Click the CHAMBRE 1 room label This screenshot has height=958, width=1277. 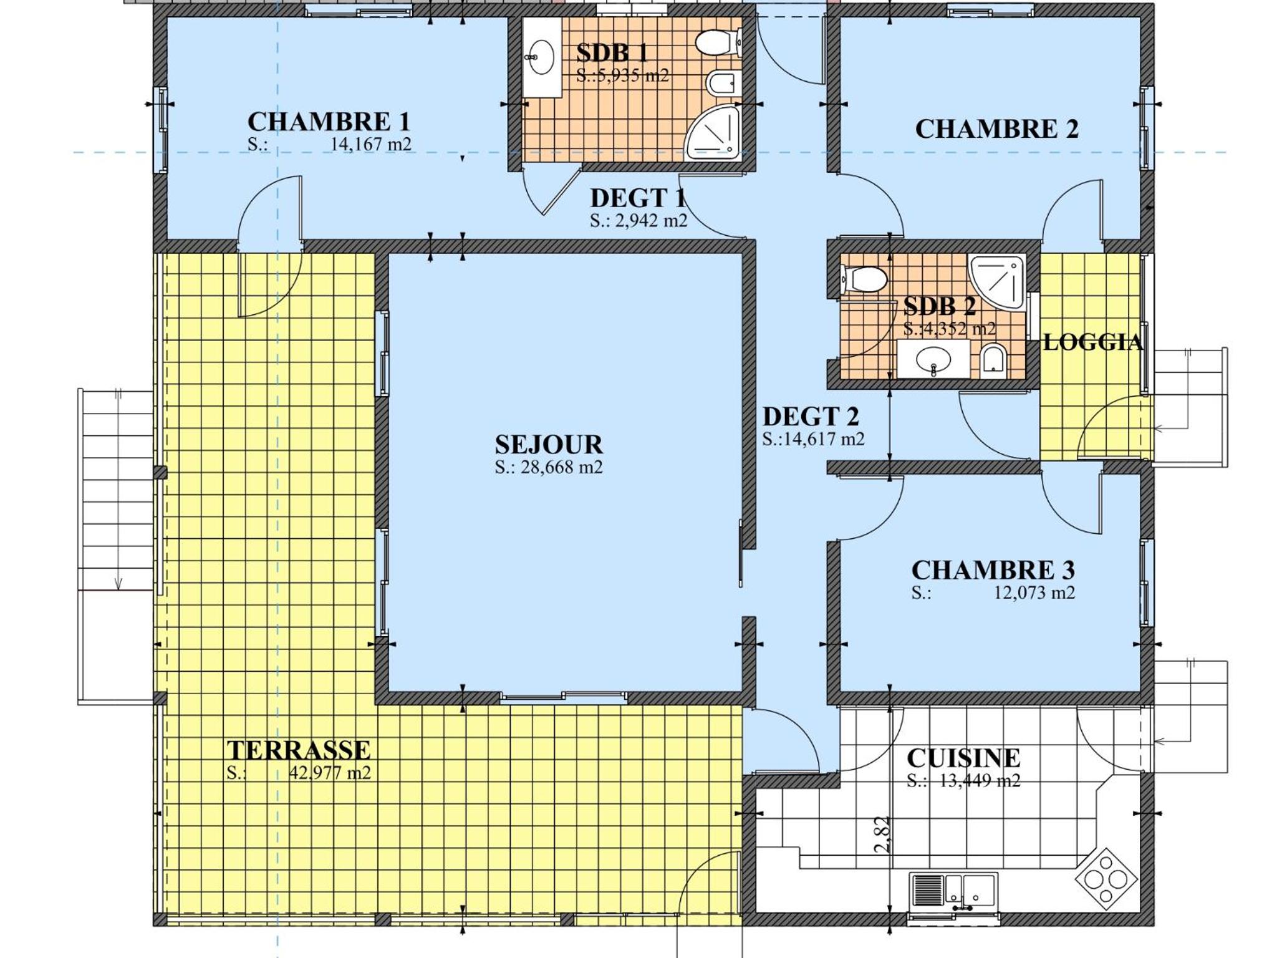329,121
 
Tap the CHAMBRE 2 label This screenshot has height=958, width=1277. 996,129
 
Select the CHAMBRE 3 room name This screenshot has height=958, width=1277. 993,570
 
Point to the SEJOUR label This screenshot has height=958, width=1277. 549,445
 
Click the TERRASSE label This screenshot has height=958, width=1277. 299,750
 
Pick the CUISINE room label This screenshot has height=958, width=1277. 963,758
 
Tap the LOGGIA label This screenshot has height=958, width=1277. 1093,342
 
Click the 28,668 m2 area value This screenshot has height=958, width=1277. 562,467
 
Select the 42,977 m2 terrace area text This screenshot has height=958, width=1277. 330,773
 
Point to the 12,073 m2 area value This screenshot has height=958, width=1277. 1034,593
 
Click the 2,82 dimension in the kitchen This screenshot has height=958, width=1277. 881,835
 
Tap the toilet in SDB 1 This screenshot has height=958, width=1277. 718,43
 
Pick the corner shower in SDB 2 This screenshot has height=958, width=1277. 997,282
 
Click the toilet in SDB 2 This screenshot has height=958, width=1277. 864,279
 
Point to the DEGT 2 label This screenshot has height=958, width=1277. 811,417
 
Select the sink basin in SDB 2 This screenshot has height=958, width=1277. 933,360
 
